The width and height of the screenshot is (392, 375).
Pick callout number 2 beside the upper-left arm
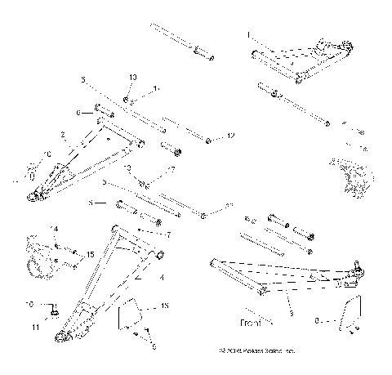(63, 134)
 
